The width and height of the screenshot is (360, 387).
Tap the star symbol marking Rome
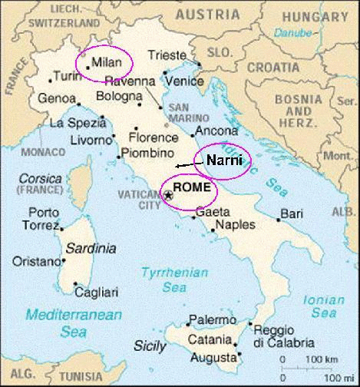[169, 196]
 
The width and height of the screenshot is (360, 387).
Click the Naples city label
[235, 225]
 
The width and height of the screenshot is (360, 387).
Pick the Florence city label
[148, 138]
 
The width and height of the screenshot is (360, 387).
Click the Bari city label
[291, 212]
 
